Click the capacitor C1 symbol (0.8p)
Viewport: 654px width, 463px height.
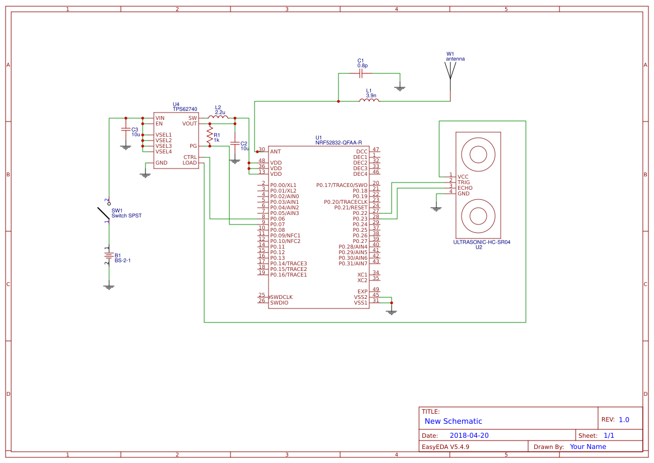click(361, 73)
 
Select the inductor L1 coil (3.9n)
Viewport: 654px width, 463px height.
click(369, 100)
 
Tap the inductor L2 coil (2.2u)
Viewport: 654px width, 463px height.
click(218, 117)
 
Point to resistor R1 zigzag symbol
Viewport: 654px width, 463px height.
click(210, 135)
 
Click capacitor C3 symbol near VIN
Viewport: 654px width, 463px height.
click(125, 130)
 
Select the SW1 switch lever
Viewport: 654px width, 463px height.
click(103, 213)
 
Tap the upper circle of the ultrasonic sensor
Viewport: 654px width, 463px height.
click(478, 153)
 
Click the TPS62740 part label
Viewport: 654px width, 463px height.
click(185, 109)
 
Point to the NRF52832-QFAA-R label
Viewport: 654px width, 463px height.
click(338, 143)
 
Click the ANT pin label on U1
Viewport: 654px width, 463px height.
click(275, 152)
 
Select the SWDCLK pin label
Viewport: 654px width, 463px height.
click(281, 297)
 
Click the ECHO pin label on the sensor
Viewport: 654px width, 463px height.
click(465, 188)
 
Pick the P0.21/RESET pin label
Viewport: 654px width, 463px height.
click(351, 208)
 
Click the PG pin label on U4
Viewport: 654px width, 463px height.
click(193, 146)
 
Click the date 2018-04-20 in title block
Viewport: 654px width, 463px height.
click(469, 436)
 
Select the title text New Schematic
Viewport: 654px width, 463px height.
click(453, 421)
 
